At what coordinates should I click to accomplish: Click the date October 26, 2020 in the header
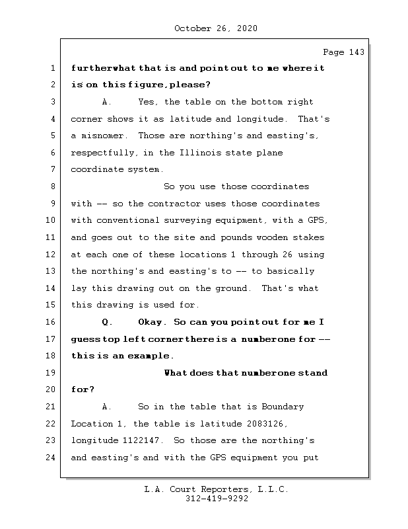click(216, 28)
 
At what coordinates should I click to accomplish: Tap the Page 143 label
click(343, 52)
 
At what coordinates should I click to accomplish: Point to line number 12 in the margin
click(50, 255)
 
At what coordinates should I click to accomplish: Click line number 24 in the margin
click(50, 458)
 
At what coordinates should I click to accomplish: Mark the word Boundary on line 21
click(283, 407)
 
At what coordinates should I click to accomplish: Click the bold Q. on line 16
click(108, 322)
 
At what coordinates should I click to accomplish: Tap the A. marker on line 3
click(108, 102)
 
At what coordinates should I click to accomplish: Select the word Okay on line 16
click(152, 322)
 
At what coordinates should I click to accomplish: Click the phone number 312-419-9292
click(217, 499)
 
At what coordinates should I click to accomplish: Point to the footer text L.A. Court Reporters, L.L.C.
click(217, 489)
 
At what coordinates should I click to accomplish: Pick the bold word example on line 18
click(139, 356)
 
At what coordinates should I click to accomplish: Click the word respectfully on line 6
click(103, 153)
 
